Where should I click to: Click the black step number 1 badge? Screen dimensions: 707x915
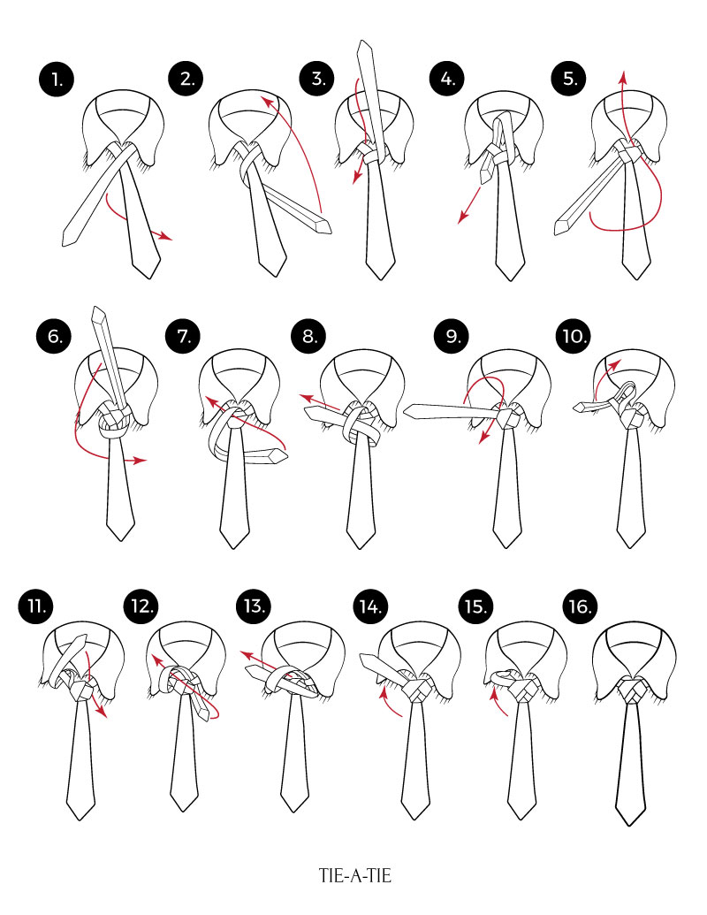(57, 79)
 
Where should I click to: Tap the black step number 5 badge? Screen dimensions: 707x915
(569, 79)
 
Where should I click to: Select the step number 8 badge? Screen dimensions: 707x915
(309, 336)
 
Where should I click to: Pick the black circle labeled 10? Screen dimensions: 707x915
(574, 336)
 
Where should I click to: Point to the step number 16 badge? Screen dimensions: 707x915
(580, 606)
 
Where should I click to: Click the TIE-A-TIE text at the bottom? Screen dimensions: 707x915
(354, 875)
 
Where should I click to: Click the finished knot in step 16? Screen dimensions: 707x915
(631, 691)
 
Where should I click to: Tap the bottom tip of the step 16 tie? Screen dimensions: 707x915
(631, 825)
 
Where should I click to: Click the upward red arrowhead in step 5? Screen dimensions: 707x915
(623, 77)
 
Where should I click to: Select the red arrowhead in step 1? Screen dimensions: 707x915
(166, 236)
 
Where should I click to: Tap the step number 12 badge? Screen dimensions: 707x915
(141, 606)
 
